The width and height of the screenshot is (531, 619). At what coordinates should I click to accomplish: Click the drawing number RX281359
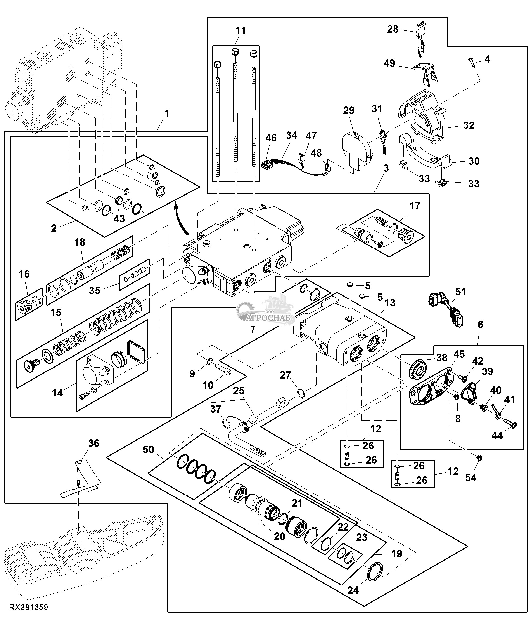coord(29,607)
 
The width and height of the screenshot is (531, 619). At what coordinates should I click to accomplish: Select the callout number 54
coord(470,477)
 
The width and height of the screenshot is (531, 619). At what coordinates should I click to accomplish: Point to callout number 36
coord(94,443)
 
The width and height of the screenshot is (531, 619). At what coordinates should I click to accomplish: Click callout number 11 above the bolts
coord(240,31)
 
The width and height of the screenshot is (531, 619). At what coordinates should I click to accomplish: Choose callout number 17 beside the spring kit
coord(414,206)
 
